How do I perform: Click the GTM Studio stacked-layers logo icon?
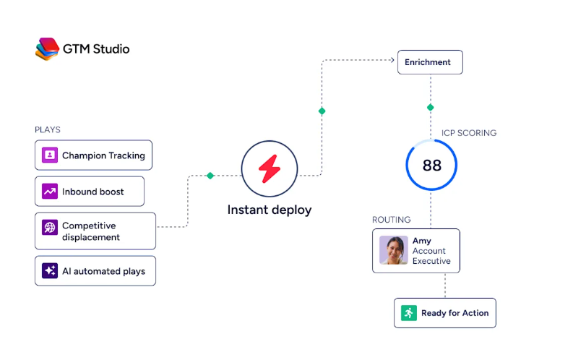[47, 48]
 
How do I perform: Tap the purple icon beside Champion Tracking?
[50, 155]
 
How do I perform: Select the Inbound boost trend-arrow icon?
[50, 192]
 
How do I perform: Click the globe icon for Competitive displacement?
[50, 227]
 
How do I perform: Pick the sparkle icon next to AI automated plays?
[50, 270]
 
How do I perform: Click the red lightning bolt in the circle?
[270, 168]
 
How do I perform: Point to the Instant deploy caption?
[270, 210]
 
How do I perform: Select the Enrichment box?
[430, 62]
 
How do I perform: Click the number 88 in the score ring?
[432, 166]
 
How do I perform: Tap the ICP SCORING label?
[469, 133]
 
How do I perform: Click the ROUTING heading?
[392, 220]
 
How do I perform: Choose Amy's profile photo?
[394, 250]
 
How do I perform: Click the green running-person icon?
[409, 313]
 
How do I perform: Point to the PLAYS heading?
[48, 129]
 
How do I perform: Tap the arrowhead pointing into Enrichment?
[392, 60]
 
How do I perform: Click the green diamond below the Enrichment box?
[431, 108]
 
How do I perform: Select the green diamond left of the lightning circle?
[210, 176]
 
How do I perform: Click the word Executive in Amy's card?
[431, 261]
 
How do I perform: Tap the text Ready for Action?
[454, 313]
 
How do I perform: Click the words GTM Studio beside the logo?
[96, 49]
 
